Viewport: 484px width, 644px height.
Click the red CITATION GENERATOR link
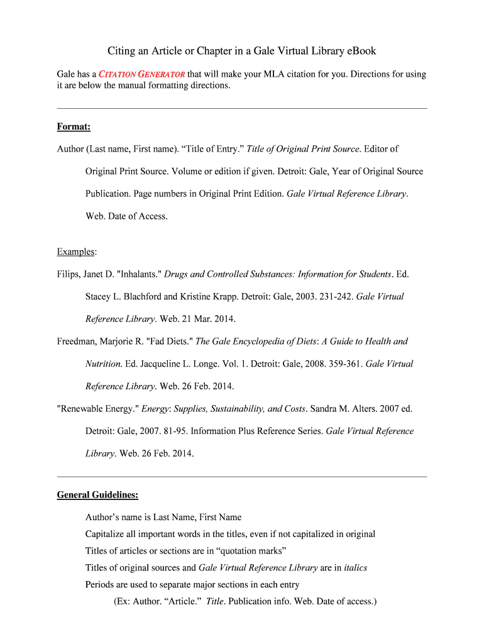(x=142, y=74)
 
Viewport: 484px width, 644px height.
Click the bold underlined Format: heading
(x=74, y=127)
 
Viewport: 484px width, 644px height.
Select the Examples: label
(x=77, y=252)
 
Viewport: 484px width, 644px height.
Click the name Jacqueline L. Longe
(x=180, y=364)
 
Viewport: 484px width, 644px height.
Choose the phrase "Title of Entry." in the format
(x=212, y=149)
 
